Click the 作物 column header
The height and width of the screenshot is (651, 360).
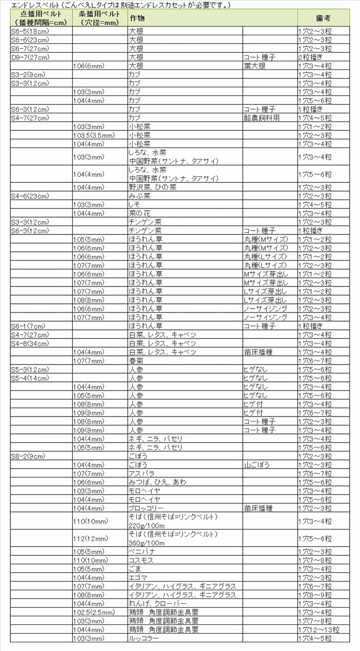137,18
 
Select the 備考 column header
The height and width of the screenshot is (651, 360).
323,18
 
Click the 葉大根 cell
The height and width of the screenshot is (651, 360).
255,66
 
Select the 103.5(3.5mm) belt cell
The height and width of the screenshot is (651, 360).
93,135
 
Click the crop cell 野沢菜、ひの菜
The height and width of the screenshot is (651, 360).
152,187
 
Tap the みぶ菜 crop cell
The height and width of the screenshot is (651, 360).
139,196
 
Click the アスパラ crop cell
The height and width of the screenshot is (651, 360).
140,474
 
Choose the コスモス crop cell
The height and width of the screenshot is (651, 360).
140,560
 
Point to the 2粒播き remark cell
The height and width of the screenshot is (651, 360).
311,57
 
